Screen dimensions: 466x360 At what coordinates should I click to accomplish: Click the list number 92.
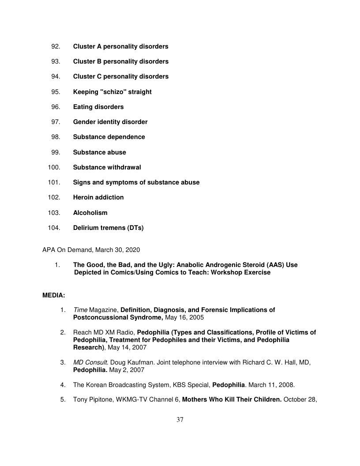tap(56, 46)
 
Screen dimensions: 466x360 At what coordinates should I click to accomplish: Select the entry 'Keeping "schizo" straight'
tap(112, 92)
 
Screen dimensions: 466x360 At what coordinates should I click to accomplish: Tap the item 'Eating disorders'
tap(98, 107)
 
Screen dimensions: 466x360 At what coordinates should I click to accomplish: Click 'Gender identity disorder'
tap(110, 122)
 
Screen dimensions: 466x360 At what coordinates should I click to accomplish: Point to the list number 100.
tap(54, 167)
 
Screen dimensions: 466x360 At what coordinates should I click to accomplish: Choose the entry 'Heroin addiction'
tap(98, 197)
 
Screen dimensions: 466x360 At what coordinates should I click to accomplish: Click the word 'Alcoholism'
tap(90, 213)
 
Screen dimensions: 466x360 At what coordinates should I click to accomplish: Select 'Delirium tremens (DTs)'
tap(108, 228)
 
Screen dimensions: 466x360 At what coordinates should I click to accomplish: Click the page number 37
tap(180, 420)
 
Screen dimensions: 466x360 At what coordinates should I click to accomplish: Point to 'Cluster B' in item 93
tap(87, 61)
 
